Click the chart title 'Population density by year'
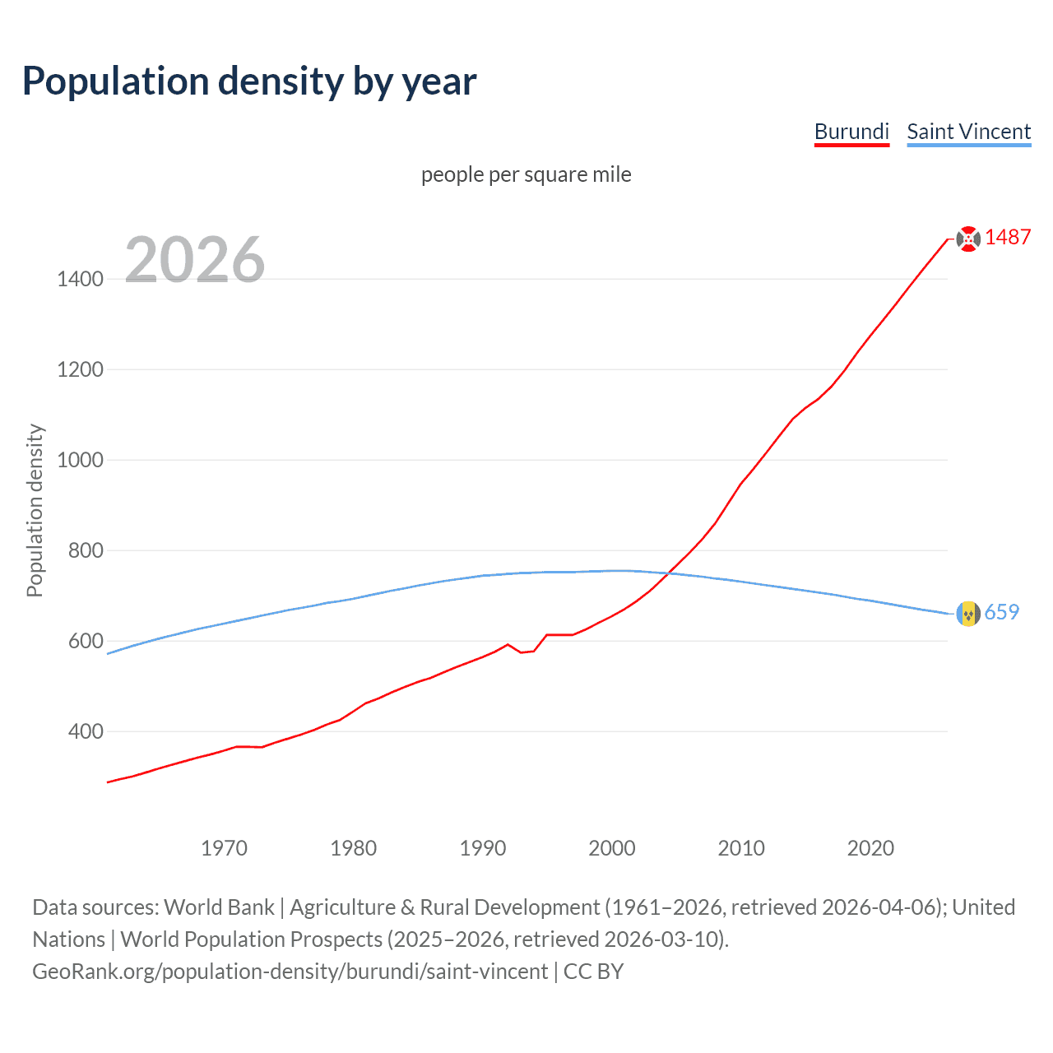point(249,81)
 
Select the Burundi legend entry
point(851,132)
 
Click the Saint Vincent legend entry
point(968,132)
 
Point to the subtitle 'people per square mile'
point(526,174)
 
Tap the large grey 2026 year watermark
point(195,260)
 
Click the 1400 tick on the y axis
point(80,279)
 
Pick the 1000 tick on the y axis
point(80,460)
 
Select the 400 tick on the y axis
point(86,731)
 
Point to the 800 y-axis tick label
point(86,550)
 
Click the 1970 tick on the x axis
point(224,848)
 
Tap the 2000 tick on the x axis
point(612,848)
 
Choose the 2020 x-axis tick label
point(870,848)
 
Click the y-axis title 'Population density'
point(35,510)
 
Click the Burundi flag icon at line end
point(968,239)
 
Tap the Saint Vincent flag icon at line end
point(968,613)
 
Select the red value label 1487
point(1008,238)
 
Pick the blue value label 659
point(1001,612)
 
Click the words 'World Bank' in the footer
point(219,907)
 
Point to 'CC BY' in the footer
point(593,972)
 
